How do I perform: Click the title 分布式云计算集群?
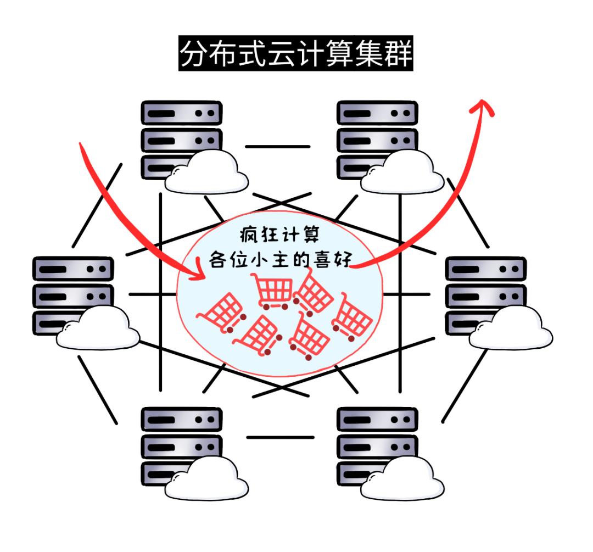[x=296, y=54]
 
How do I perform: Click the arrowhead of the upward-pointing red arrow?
[x=483, y=106]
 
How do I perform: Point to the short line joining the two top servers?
[x=277, y=147]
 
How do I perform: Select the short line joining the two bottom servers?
[x=280, y=437]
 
